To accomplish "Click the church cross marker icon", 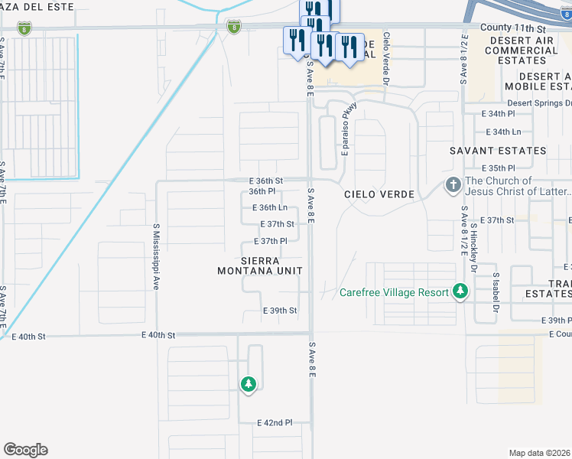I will pos(453,185).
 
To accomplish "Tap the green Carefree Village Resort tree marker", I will pos(460,291).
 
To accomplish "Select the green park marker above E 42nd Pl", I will pos(248,384).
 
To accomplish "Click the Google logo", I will pos(25,450).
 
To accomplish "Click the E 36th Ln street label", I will pos(269,207).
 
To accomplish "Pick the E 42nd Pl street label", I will pos(275,422).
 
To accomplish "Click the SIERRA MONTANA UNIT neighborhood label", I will pos(260,265).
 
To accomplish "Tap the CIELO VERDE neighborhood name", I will pos(379,194).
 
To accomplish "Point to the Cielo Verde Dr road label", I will pos(386,58).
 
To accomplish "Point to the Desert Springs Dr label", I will pos(539,103).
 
